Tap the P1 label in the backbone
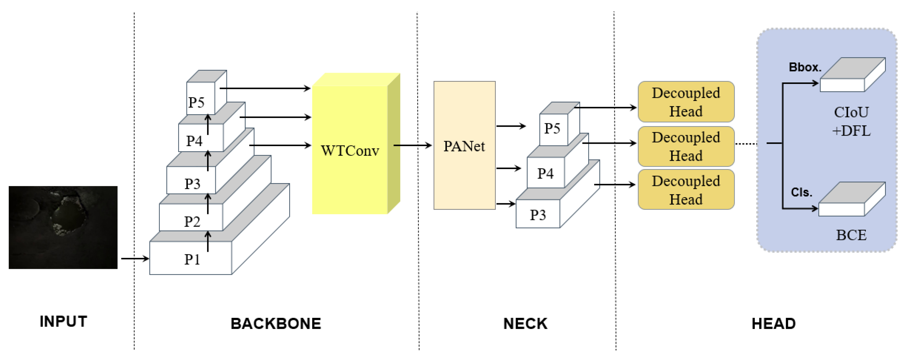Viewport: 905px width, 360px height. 192,260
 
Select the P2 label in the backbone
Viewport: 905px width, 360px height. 192,222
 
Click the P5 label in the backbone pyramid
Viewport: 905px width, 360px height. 196,102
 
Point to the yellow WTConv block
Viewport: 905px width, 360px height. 350,150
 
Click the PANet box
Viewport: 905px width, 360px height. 464,146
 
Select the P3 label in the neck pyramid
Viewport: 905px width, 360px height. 538,215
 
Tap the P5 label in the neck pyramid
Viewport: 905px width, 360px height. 552,128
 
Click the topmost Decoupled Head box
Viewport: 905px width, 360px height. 685,102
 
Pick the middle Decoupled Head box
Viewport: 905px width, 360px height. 685,146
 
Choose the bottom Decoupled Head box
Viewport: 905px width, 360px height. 685,190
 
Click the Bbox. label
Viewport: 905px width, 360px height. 805,67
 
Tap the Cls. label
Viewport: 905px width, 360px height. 801,192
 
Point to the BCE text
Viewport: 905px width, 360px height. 851,235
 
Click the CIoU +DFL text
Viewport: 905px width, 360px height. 851,122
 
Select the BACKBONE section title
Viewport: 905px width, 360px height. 276,324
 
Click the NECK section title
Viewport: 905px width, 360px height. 525,324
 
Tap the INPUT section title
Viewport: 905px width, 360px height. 63,321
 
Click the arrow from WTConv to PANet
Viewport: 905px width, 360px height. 412,145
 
